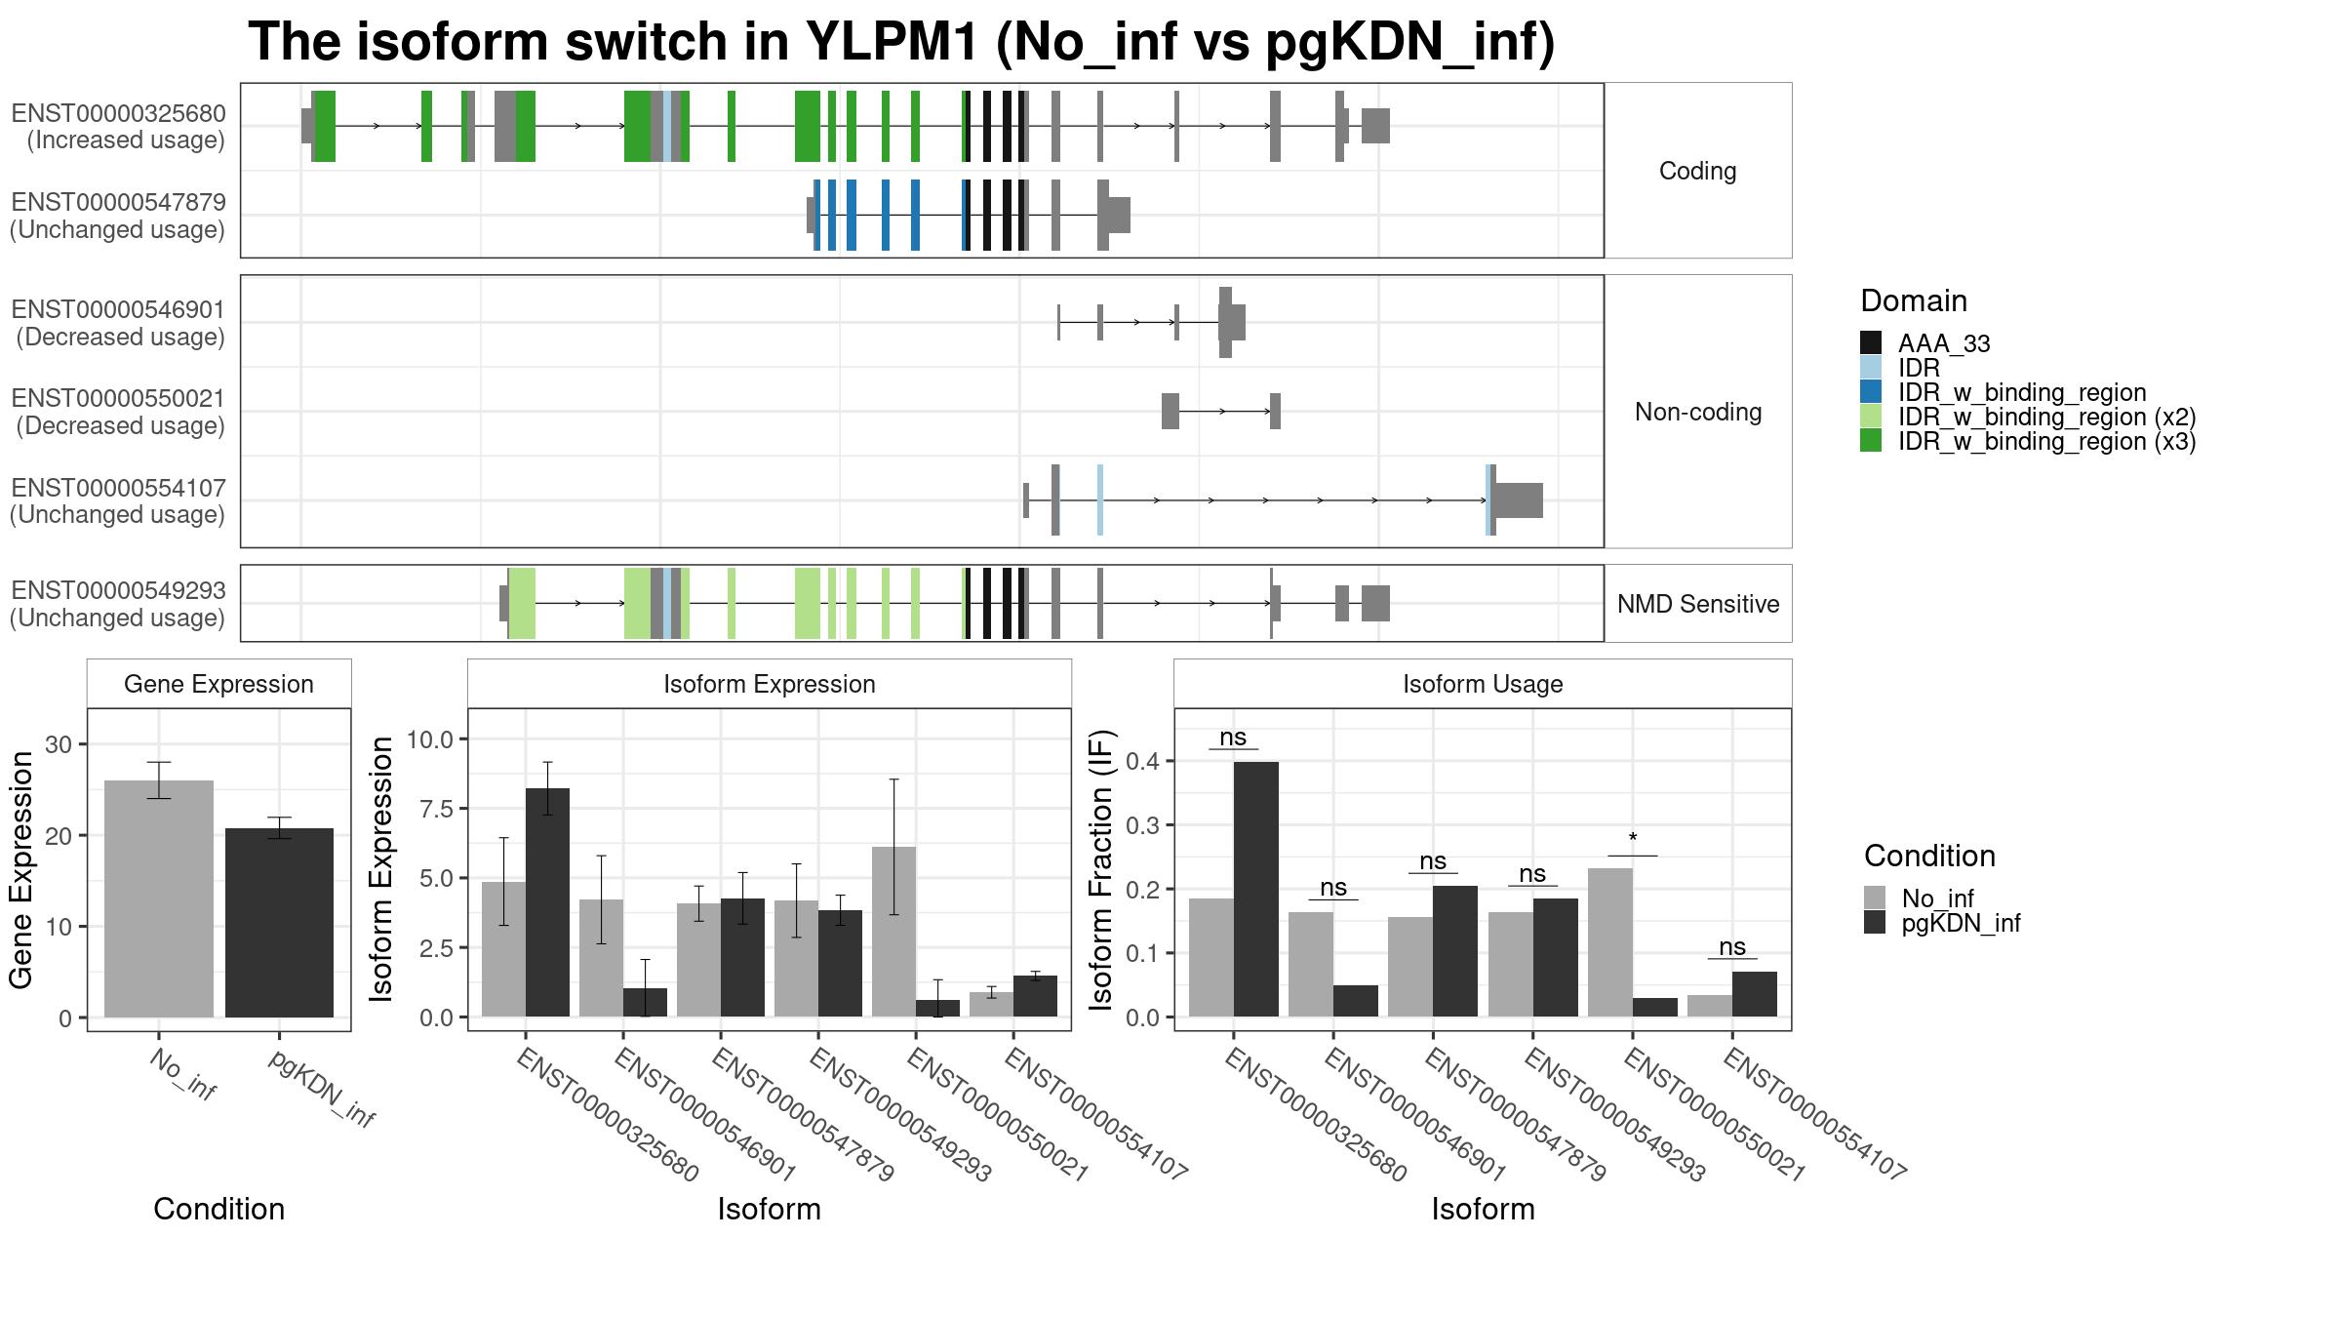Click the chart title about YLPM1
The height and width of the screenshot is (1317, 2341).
coord(901,42)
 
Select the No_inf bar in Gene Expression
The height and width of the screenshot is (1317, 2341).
coord(159,898)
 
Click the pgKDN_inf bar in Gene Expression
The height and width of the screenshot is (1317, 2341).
coord(279,923)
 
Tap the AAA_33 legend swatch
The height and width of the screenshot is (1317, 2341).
coord(1871,342)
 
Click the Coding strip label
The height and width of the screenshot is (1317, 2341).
coord(1697,171)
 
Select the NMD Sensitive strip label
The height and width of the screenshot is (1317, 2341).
coord(1698,604)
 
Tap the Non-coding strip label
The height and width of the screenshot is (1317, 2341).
coord(1698,412)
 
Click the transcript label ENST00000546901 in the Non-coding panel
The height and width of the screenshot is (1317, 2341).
coord(118,309)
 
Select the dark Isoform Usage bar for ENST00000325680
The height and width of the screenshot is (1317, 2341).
coord(1256,890)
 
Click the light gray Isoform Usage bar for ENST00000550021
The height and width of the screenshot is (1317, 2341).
coord(1610,942)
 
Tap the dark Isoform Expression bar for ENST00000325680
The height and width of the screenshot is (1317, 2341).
coord(547,902)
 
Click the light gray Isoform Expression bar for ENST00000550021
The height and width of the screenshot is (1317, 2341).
coord(893,932)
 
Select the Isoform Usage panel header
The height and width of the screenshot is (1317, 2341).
coord(1483,684)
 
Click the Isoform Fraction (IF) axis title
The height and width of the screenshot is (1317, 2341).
coord(1102,868)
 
